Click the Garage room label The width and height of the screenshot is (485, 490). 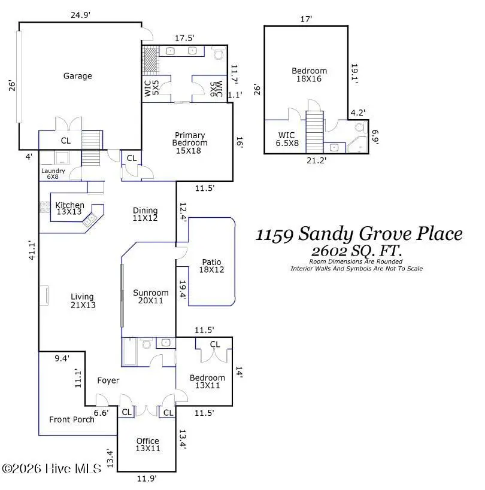78,76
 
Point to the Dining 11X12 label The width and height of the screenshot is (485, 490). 145,214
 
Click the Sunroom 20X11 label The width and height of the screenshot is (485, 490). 151,296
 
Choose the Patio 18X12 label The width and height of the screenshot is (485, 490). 211,266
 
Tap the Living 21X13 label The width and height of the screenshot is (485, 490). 83,300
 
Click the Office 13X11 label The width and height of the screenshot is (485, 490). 148,444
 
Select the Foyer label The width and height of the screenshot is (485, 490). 108,381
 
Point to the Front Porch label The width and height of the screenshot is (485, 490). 71,419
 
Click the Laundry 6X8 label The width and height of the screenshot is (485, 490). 53,174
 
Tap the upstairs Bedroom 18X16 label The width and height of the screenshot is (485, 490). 309,75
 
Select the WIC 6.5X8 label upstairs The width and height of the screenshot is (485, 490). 287,139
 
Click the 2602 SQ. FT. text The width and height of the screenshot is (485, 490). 357,251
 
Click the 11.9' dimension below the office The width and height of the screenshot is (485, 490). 146,478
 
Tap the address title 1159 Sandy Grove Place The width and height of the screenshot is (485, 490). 359,234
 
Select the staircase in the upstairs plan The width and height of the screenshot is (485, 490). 314,132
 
